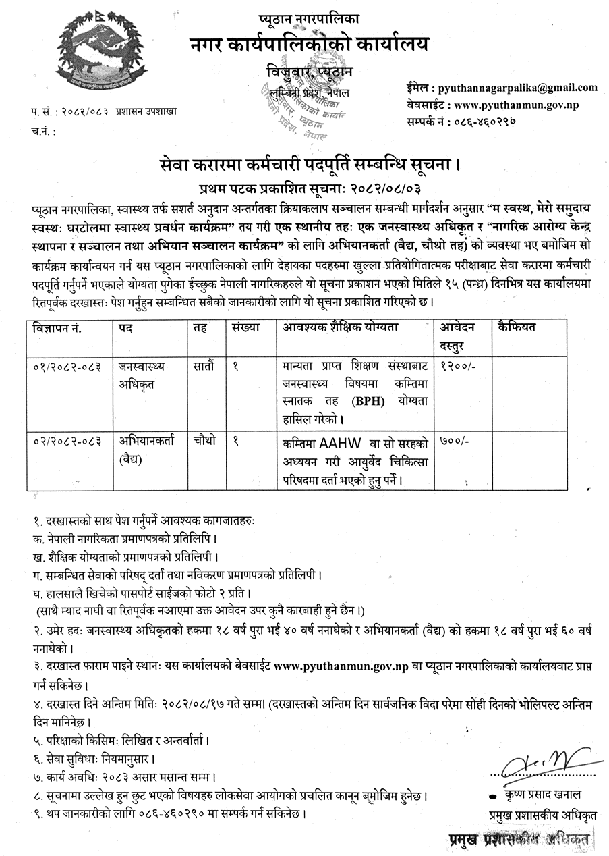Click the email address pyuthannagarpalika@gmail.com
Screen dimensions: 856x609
(x=518, y=88)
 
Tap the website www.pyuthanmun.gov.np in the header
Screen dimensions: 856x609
(x=517, y=105)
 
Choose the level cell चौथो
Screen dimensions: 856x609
(x=203, y=441)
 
